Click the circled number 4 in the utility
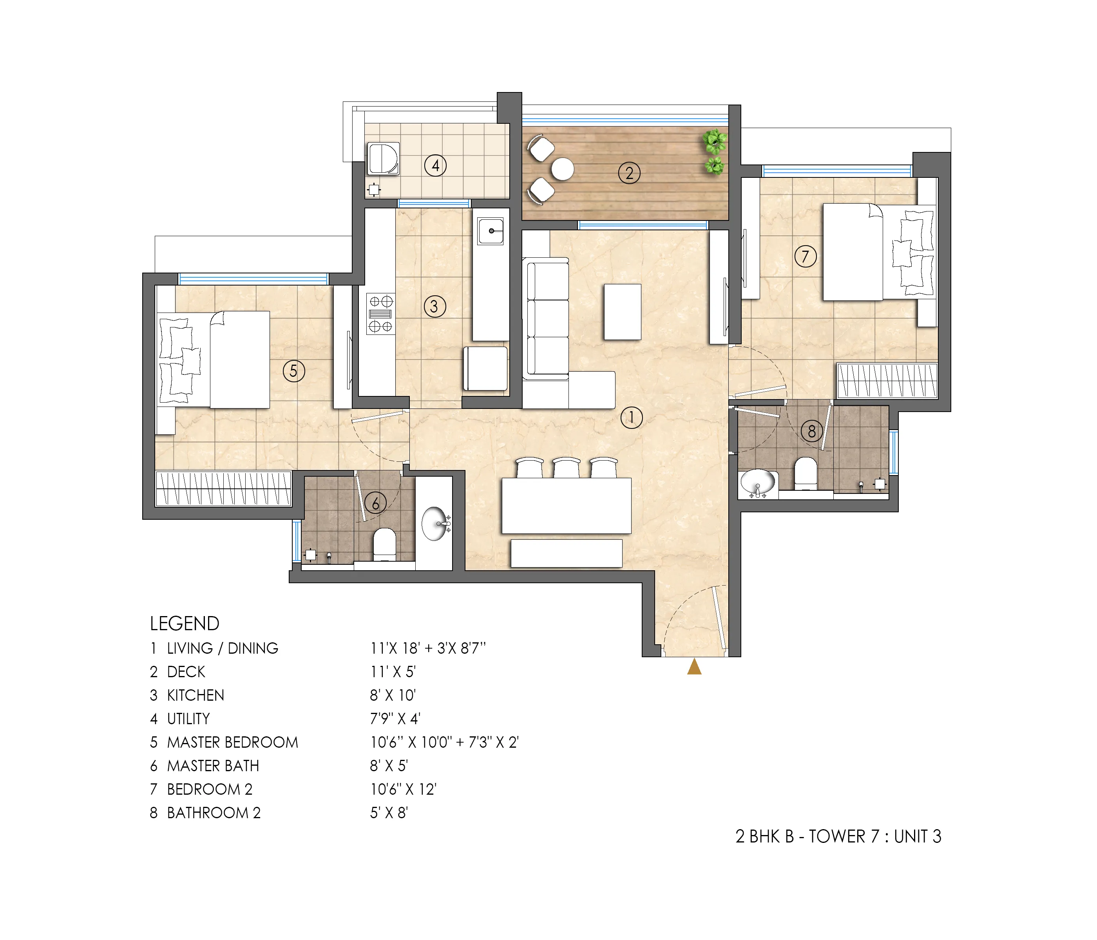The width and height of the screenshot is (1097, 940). [435, 166]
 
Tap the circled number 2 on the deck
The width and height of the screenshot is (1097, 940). [629, 173]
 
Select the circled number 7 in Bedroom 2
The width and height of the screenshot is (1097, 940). [805, 257]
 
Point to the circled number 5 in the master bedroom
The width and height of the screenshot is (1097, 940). [293, 371]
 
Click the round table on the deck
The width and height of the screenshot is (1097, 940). [562, 169]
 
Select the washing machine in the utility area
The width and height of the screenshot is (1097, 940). [383, 158]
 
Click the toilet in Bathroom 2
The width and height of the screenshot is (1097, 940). [806, 473]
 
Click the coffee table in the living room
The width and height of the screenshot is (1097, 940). [623, 312]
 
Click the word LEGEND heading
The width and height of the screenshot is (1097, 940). [184, 624]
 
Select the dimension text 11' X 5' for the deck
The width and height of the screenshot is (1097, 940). [393, 672]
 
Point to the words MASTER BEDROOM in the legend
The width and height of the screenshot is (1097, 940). [232, 742]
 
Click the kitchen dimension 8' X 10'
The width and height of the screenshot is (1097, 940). [393, 695]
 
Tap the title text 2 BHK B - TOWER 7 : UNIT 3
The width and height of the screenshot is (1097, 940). [838, 836]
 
